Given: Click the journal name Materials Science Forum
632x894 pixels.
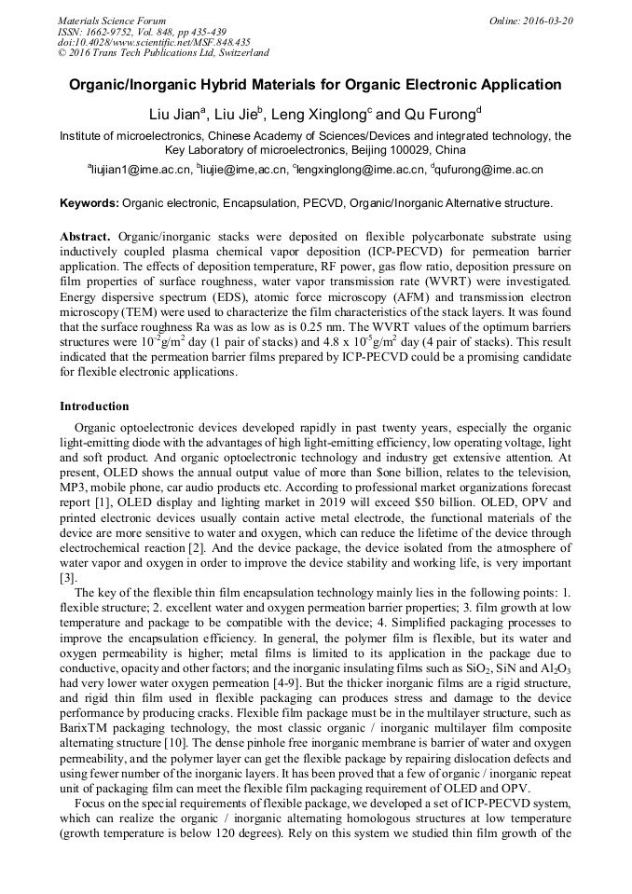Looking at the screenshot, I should pos(112,21).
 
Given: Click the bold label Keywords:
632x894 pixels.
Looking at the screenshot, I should pos(89,202).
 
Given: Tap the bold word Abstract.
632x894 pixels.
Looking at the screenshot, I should pos(86,238).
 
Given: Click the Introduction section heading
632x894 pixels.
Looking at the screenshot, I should pos(94,406).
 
